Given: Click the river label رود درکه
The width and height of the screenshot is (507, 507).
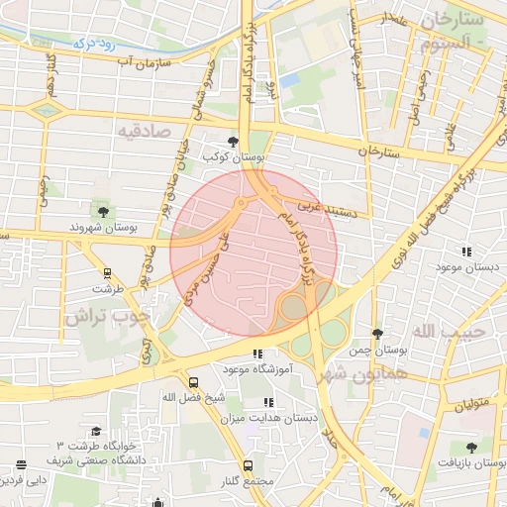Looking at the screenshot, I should [95, 44].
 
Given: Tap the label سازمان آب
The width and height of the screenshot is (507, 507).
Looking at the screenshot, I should [146, 62].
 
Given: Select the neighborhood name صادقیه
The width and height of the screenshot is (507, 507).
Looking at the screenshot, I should [145, 130].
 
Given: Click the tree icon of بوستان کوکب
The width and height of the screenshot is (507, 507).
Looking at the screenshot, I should [233, 143].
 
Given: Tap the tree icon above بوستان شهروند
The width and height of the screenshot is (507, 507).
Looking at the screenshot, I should [101, 210].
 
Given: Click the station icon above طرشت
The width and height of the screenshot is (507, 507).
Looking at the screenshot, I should [107, 273].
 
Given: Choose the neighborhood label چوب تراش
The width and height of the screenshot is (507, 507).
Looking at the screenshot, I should [107, 317].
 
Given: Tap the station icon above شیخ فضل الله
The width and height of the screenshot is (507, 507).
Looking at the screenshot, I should [192, 381].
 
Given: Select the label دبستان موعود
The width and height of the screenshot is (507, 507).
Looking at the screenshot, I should [466, 267].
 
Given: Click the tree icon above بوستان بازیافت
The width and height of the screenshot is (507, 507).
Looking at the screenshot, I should [470, 448].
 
